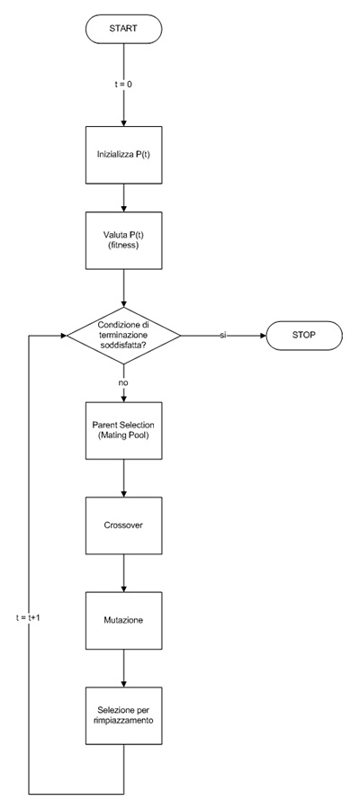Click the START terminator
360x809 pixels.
pyautogui.click(x=124, y=29)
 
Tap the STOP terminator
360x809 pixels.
pyautogui.click(x=304, y=336)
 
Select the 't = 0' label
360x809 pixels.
pyautogui.click(x=124, y=84)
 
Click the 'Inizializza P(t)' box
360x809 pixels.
pyautogui.click(x=124, y=155)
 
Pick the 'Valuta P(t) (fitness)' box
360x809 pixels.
pyautogui.click(x=124, y=240)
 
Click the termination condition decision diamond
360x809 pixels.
pyautogui.click(x=124, y=336)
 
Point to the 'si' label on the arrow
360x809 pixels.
pyautogui.click(x=223, y=336)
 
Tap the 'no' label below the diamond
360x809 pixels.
pyautogui.click(x=123, y=384)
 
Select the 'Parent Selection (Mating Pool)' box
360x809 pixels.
pyautogui.click(x=124, y=430)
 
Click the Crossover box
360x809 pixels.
pyautogui.click(x=124, y=526)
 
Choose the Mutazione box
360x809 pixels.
pyautogui.click(x=124, y=620)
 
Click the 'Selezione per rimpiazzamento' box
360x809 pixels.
pyautogui.click(x=124, y=715)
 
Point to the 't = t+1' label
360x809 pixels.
pyautogui.click(x=29, y=617)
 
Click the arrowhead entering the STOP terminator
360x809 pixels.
pyautogui.click(x=263, y=336)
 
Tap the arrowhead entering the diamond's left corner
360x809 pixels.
pyautogui.click(x=64, y=336)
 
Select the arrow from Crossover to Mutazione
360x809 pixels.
pyautogui.click(x=124, y=572)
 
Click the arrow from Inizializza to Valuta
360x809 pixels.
pyautogui.click(x=124, y=198)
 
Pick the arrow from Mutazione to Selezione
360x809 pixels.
pyautogui.click(x=124, y=668)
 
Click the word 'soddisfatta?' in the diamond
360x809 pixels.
pyautogui.click(x=124, y=344)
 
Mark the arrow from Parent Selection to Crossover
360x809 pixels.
pyautogui.click(x=124, y=478)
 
